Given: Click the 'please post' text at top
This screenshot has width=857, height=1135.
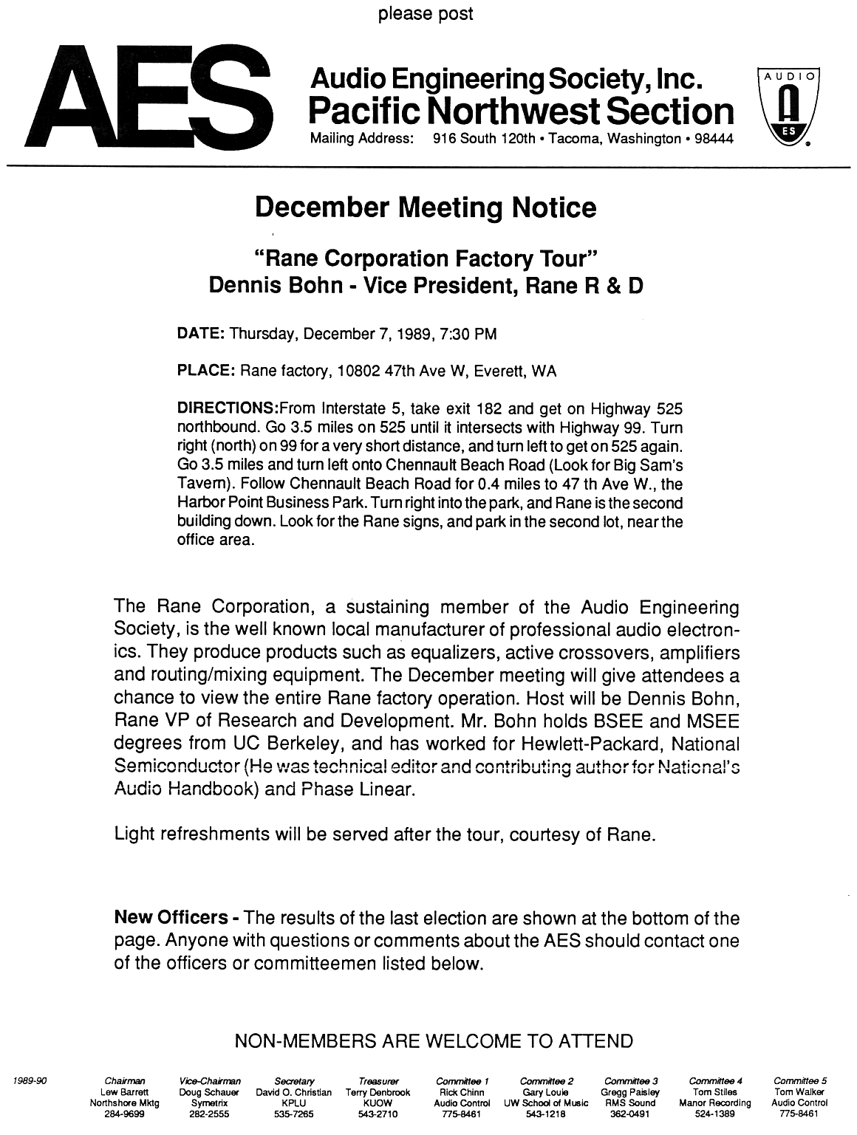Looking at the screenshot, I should [426, 14].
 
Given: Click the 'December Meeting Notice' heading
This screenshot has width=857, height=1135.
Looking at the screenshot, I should [425, 208].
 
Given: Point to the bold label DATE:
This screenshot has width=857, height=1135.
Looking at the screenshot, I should [202, 334].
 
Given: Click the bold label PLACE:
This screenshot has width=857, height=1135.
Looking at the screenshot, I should [206, 371].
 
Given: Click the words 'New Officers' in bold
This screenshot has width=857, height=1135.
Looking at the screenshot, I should [171, 918].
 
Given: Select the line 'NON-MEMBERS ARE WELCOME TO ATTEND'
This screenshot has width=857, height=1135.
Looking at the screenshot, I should [433, 1041].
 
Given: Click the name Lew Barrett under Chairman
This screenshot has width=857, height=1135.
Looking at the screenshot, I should [125, 1092].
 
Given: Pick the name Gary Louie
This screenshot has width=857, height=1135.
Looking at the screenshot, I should [545, 1092].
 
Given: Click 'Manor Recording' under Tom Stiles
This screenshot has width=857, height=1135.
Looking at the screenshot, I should [714, 1103].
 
